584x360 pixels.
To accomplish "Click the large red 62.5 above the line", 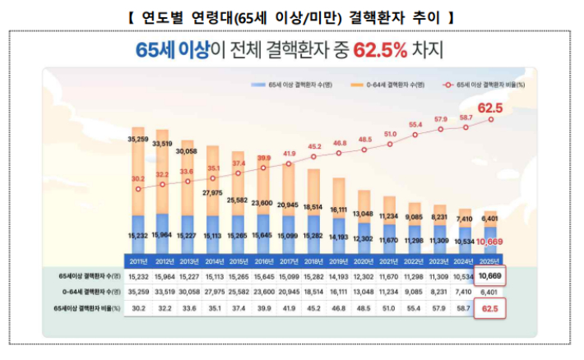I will [x=490, y=107].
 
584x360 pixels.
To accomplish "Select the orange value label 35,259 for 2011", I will [x=138, y=140].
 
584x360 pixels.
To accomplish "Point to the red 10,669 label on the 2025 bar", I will [x=491, y=242].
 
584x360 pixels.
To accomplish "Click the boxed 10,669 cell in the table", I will [x=491, y=276].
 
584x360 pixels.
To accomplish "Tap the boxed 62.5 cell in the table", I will [x=491, y=308].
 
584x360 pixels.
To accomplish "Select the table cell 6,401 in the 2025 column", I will [x=491, y=293].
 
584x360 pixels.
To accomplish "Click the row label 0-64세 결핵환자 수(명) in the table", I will [x=86, y=293].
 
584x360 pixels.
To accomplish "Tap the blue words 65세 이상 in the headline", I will [x=171, y=51].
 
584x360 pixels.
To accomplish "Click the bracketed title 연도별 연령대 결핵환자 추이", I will [x=292, y=16].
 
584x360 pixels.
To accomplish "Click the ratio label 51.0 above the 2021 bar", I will [x=390, y=133].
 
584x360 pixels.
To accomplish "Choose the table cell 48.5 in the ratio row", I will [x=364, y=308].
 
